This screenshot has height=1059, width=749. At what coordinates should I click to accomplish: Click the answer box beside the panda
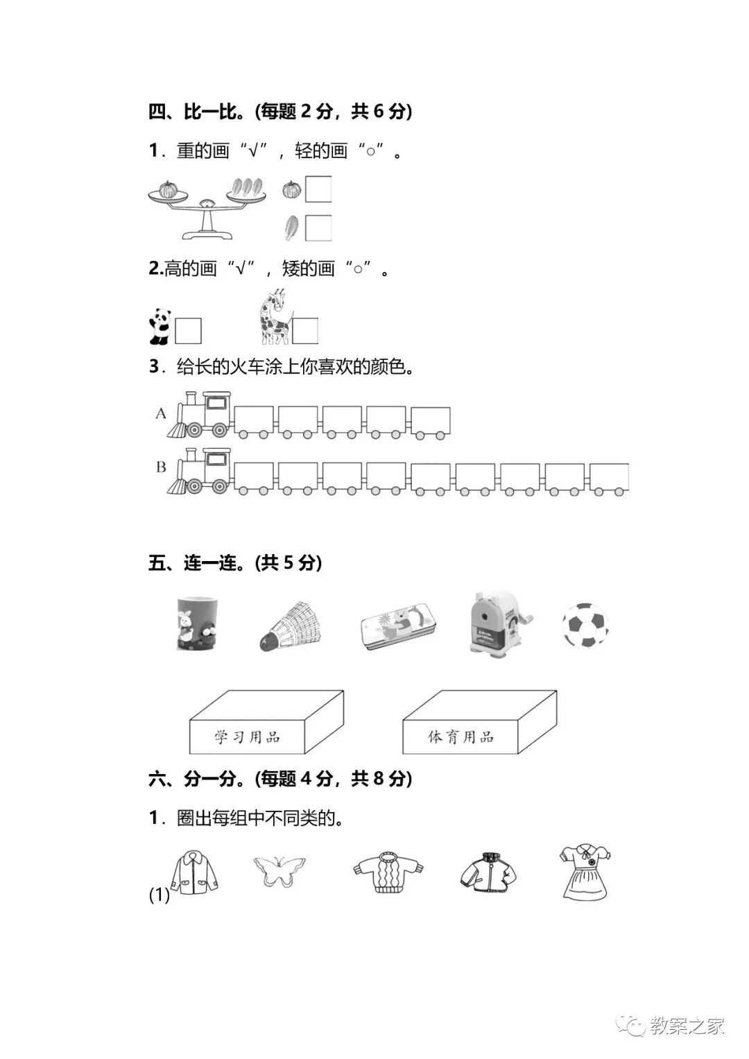[188, 331]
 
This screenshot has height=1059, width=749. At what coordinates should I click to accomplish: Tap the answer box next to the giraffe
[305, 331]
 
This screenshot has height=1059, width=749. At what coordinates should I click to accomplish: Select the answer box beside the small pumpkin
[318, 189]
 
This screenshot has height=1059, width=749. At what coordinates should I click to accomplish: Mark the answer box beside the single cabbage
[318, 227]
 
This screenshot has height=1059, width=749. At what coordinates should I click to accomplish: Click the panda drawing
[160, 327]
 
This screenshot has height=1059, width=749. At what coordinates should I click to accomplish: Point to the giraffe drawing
[274, 318]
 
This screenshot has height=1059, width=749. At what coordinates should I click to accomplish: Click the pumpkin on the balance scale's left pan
[168, 189]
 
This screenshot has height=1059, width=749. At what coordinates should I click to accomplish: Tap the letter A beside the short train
[161, 414]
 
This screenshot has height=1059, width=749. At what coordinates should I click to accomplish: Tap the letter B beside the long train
[161, 467]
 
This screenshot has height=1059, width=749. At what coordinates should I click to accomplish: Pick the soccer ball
[585, 626]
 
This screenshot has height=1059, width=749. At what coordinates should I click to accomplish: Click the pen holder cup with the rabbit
[196, 623]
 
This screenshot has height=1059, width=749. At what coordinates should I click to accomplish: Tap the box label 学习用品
[247, 737]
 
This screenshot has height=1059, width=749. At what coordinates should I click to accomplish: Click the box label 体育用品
[460, 737]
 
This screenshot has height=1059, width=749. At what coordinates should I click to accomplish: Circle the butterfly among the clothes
[279, 871]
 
